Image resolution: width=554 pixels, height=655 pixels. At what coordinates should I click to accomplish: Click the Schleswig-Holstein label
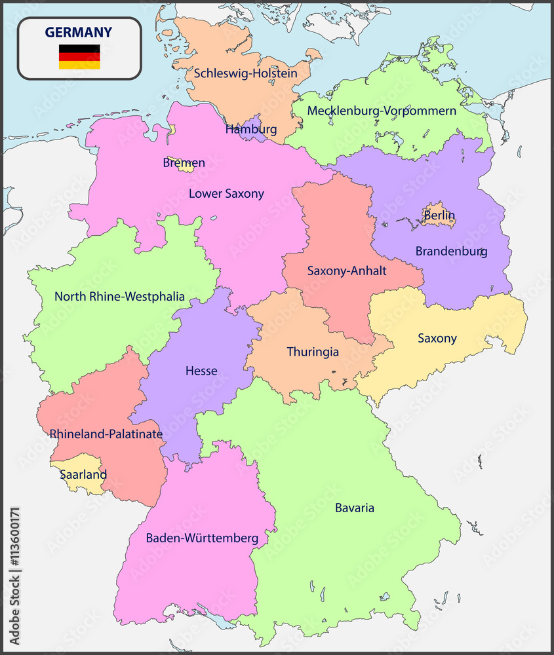point(244,73)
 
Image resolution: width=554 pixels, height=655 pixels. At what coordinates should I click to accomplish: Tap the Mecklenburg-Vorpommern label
point(382,111)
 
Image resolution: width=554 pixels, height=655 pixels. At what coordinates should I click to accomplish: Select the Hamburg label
point(251,129)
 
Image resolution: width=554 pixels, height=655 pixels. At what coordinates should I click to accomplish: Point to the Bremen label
point(184,162)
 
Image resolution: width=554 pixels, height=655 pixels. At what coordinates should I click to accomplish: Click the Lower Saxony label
point(226,193)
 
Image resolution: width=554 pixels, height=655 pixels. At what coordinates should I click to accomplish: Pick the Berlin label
point(439,215)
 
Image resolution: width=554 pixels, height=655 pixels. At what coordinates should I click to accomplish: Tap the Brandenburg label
point(451,251)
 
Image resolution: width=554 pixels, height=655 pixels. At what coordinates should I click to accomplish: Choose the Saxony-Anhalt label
point(347,271)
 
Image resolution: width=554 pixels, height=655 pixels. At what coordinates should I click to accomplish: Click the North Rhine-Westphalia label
point(119,297)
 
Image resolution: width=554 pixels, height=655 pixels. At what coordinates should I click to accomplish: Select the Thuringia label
point(313,352)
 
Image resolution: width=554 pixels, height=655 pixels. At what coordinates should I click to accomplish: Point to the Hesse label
point(201,371)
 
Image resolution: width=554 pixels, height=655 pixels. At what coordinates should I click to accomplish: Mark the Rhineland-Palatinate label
point(106,434)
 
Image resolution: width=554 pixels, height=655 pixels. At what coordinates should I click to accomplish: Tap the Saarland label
point(83,474)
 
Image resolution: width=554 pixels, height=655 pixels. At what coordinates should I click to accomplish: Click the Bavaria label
point(355,508)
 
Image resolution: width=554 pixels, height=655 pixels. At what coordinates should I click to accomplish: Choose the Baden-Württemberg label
point(202,538)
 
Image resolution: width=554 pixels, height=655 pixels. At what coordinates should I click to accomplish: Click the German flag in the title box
point(79,57)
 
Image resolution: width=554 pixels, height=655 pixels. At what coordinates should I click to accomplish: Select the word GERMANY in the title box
point(79,32)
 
